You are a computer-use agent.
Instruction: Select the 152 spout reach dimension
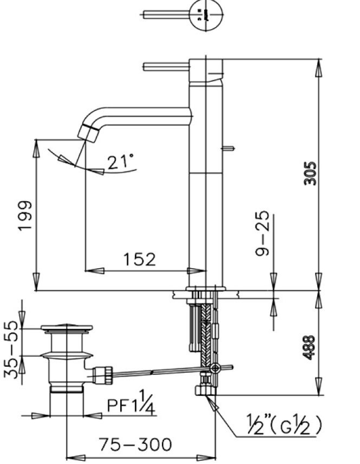(139, 260)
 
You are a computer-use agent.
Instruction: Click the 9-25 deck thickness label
(262, 234)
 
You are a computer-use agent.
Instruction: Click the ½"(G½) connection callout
(284, 425)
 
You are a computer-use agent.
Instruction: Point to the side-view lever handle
(165, 67)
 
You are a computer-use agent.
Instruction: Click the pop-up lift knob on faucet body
(230, 147)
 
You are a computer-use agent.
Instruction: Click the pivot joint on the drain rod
(215, 369)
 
